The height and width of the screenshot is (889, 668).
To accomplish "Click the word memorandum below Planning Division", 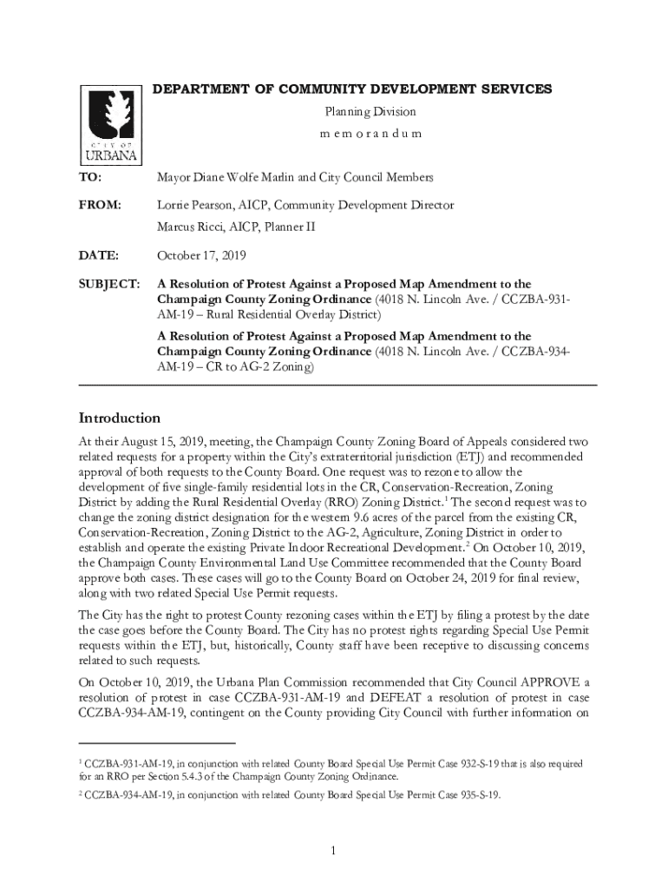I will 370,134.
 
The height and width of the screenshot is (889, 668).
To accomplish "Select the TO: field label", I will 90,177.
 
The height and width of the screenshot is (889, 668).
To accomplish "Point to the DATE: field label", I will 98,255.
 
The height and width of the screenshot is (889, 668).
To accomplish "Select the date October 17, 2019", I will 201,255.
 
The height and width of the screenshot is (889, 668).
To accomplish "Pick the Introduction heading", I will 119,418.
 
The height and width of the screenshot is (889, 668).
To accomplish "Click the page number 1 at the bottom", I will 333,849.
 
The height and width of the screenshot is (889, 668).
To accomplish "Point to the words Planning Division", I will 370,111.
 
